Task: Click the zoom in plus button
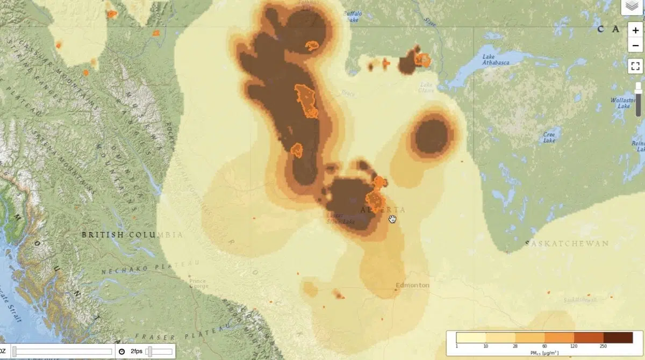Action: tap(635, 31)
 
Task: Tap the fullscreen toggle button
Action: tap(635, 66)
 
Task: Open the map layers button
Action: tap(632, 6)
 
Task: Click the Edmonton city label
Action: tap(412, 285)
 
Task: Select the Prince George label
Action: tap(197, 283)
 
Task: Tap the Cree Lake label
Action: tap(549, 138)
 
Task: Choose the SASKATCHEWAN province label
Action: tap(567, 243)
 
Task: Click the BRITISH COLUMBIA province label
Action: tap(132, 235)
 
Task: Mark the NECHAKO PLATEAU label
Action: tap(150, 268)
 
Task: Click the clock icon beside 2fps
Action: tap(122, 351)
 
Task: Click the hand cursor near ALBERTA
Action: tap(392, 219)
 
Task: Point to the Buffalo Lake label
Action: tap(353, 16)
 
